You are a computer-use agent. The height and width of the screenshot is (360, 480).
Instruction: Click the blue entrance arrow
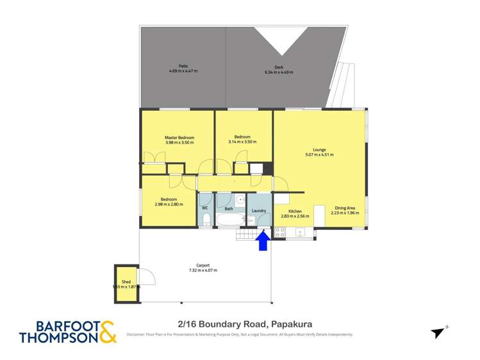click(263, 241)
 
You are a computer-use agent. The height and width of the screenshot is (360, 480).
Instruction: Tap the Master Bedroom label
click(179, 138)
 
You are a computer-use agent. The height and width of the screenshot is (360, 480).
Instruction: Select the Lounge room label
click(319, 150)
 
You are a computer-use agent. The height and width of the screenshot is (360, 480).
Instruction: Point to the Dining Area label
click(345, 208)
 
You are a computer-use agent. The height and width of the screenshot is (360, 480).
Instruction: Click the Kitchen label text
click(295, 211)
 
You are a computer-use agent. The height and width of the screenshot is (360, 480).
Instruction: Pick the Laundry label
click(259, 210)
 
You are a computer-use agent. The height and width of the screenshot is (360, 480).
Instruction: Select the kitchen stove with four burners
click(280, 233)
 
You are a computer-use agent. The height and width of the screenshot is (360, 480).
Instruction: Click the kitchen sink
click(300, 232)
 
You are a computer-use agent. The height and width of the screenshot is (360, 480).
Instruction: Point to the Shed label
click(126, 282)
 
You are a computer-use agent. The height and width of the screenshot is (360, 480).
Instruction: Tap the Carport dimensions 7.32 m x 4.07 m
click(203, 270)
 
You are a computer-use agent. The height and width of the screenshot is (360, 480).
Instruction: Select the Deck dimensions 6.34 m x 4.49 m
click(278, 72)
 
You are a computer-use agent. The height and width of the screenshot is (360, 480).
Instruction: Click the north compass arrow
click(438, 332)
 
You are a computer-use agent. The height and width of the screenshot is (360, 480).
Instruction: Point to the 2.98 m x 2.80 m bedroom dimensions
click(169, 204)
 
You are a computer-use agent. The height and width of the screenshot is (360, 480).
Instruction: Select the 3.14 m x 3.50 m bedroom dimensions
click(244, 142)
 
